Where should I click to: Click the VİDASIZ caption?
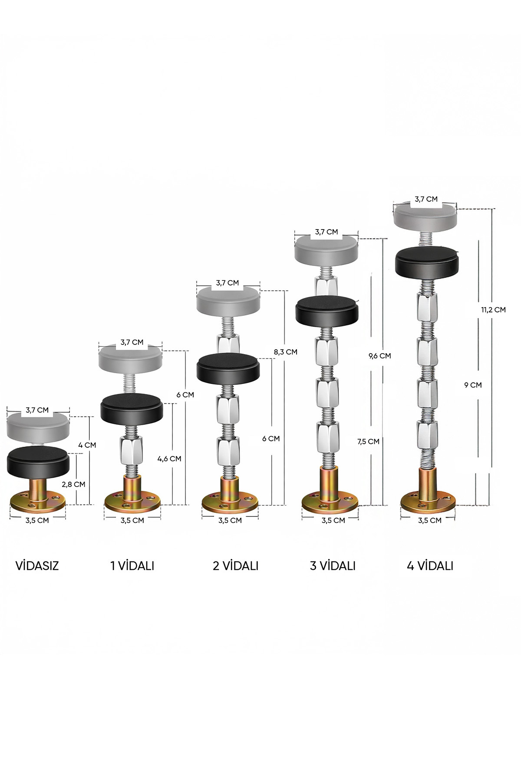[37, 566]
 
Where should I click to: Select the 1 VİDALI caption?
[132, 566]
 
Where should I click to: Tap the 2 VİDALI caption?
[235, 566]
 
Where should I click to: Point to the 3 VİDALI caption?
[333, 566]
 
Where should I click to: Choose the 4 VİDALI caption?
[430, 566]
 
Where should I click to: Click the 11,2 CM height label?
[493, 310]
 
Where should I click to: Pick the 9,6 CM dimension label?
[379, 356]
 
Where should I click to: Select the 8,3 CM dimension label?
[285, 352]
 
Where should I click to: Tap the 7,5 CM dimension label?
[368, 442]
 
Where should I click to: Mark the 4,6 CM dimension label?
[169, 459]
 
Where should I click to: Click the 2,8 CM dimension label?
[73, 484]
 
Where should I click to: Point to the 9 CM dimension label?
[473, 385]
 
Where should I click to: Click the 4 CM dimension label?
[87, 445]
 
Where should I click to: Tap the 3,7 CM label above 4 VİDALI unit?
[426, 199]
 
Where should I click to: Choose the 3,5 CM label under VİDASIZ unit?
[37, 520]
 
